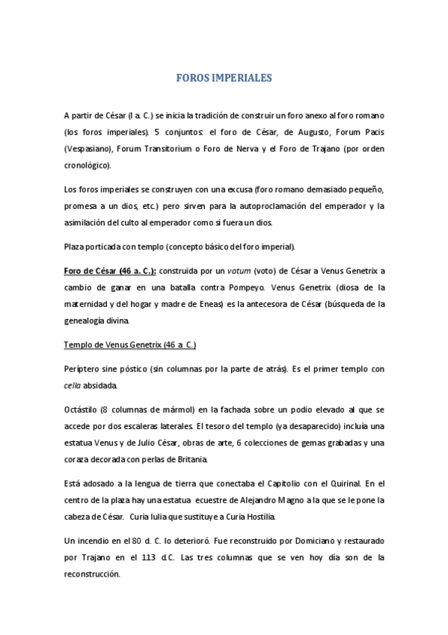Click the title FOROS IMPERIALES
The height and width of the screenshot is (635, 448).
224,78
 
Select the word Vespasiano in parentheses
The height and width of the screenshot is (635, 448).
87,148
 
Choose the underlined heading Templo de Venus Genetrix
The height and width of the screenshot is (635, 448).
129,344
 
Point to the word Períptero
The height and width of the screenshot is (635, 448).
82,369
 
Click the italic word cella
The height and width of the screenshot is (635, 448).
73,386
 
